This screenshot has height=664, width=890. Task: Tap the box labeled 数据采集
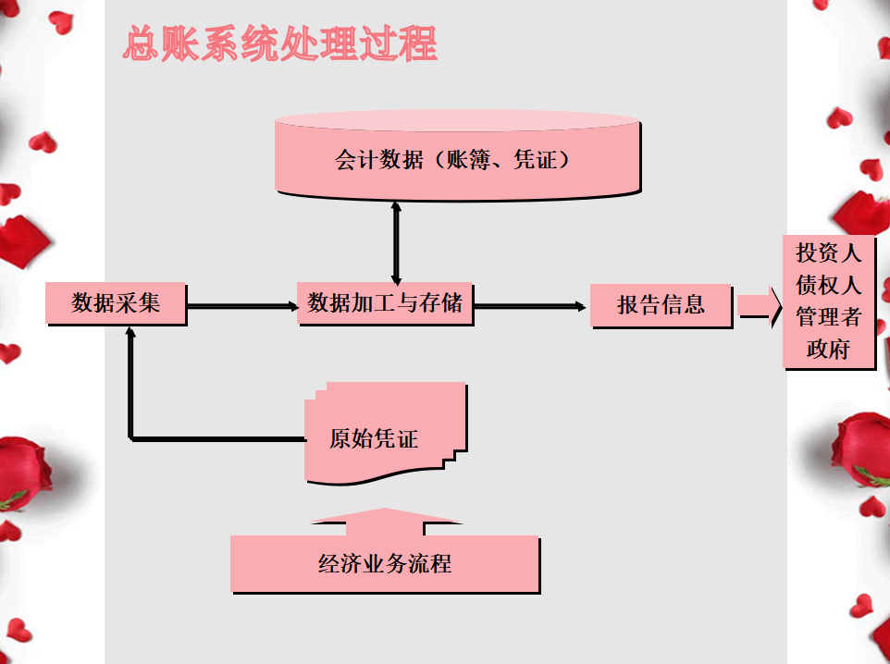[x=116, y=303]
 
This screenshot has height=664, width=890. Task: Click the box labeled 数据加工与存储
[x=385, y=303]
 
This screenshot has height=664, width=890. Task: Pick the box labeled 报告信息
[x=661, y=304]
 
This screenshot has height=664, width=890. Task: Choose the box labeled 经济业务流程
[x=384, y=563]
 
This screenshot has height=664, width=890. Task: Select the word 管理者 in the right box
[x=828, y=318]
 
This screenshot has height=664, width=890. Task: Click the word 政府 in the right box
[x=828, y=350]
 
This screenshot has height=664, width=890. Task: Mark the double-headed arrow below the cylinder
[x=397, y=242]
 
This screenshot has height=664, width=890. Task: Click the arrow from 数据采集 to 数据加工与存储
[x=241, y=304]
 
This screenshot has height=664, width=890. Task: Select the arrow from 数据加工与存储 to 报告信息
[x=531, y=305]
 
